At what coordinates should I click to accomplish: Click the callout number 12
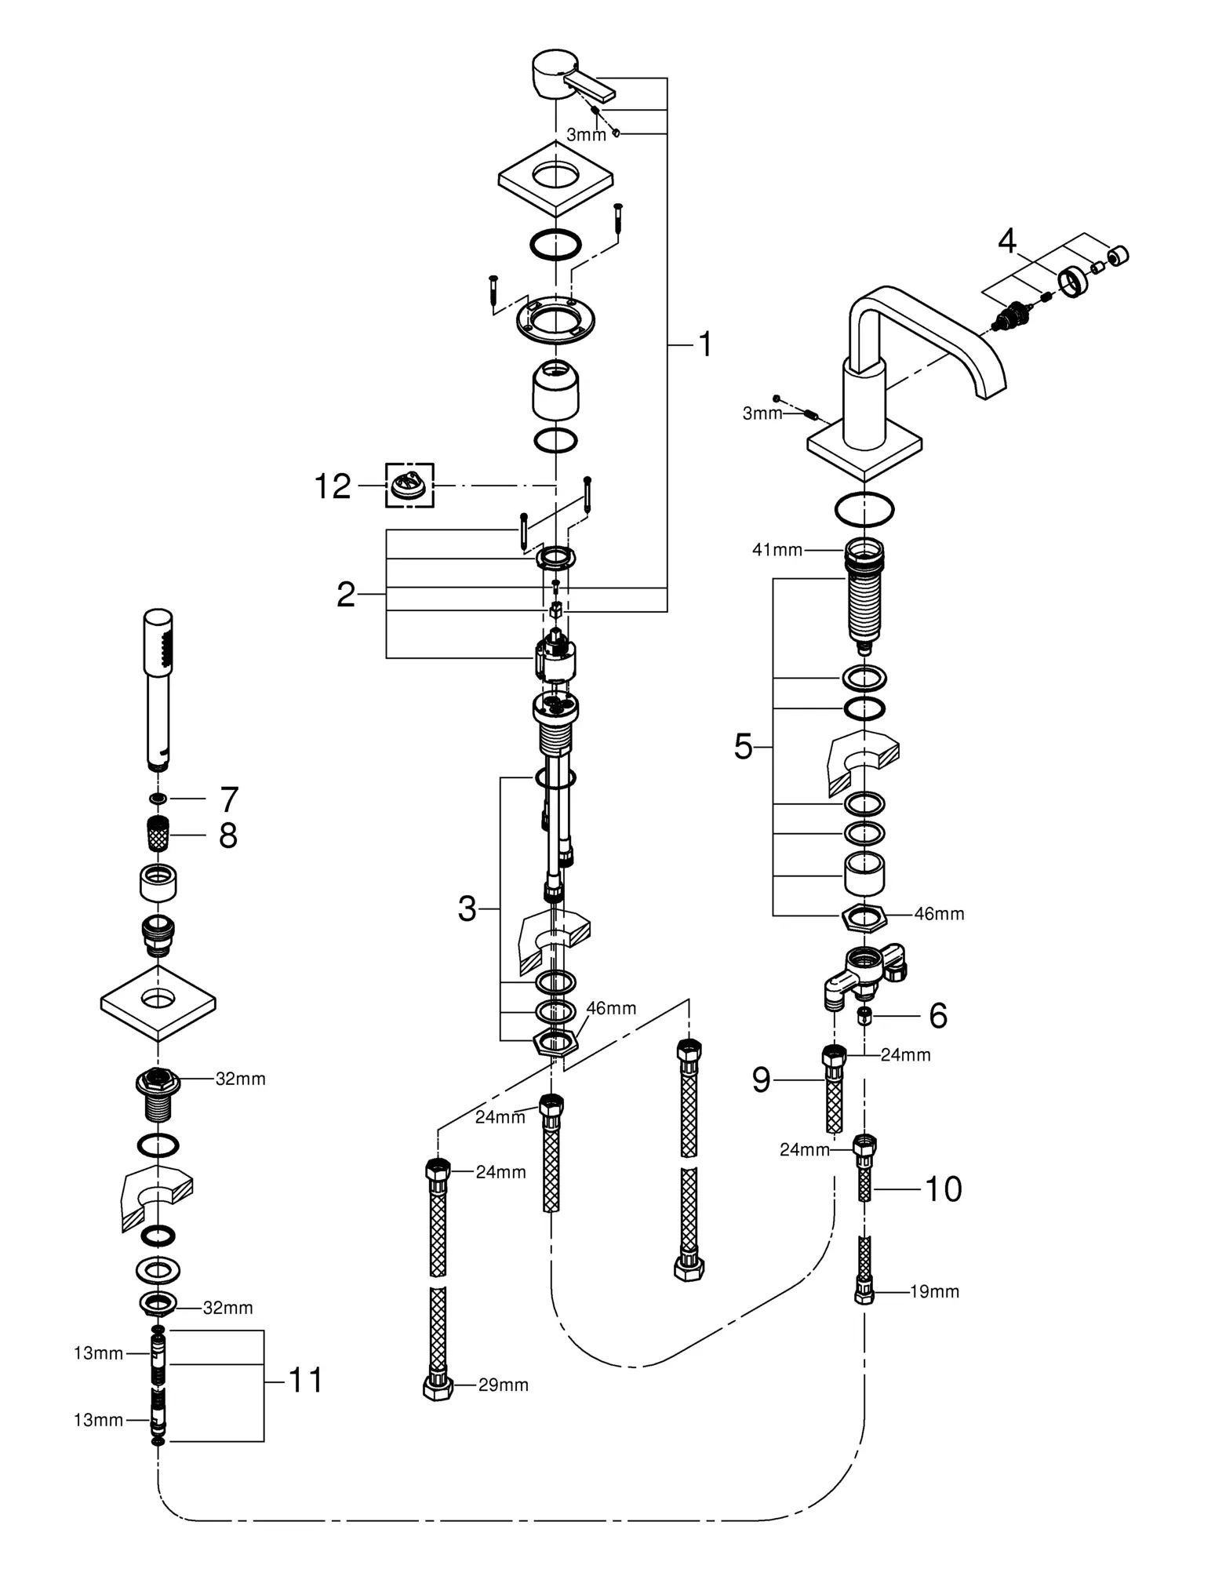333,486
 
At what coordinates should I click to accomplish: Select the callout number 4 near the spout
1007,242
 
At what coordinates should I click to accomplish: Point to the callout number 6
938,1015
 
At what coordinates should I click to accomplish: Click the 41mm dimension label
777,550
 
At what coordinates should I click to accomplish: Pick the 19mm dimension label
934,1291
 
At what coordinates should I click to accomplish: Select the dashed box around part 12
409,485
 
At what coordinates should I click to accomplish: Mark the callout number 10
944,1189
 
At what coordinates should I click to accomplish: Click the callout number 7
228,799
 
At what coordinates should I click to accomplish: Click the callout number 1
705,344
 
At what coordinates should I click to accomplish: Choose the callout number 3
467,909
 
